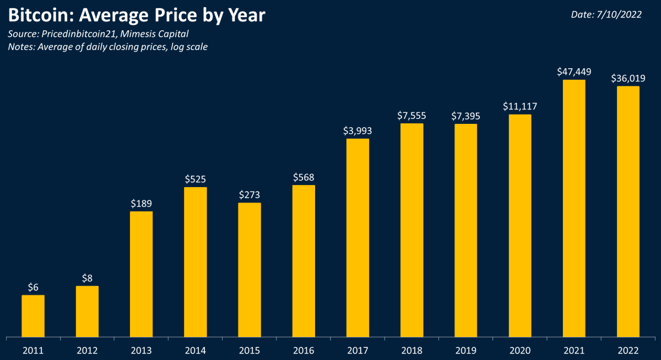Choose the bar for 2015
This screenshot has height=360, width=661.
250,269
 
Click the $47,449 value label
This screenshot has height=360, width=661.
574,72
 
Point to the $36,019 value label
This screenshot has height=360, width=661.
628,78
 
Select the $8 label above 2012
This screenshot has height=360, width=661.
87,278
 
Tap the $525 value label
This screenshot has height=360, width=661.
196,179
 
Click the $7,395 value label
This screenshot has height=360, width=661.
465,116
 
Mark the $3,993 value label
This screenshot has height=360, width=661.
357,130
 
